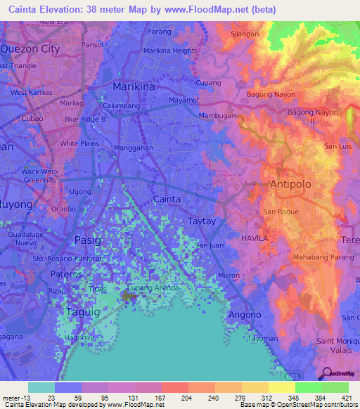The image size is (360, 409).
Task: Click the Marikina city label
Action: click(134, 86)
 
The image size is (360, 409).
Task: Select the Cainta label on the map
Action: click(167, 199)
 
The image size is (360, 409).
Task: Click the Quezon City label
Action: click(30, 49)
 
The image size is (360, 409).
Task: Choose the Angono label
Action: click(245, 314)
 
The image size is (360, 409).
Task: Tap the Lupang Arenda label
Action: click(154, 287)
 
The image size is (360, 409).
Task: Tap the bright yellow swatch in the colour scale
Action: click(281, 387)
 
